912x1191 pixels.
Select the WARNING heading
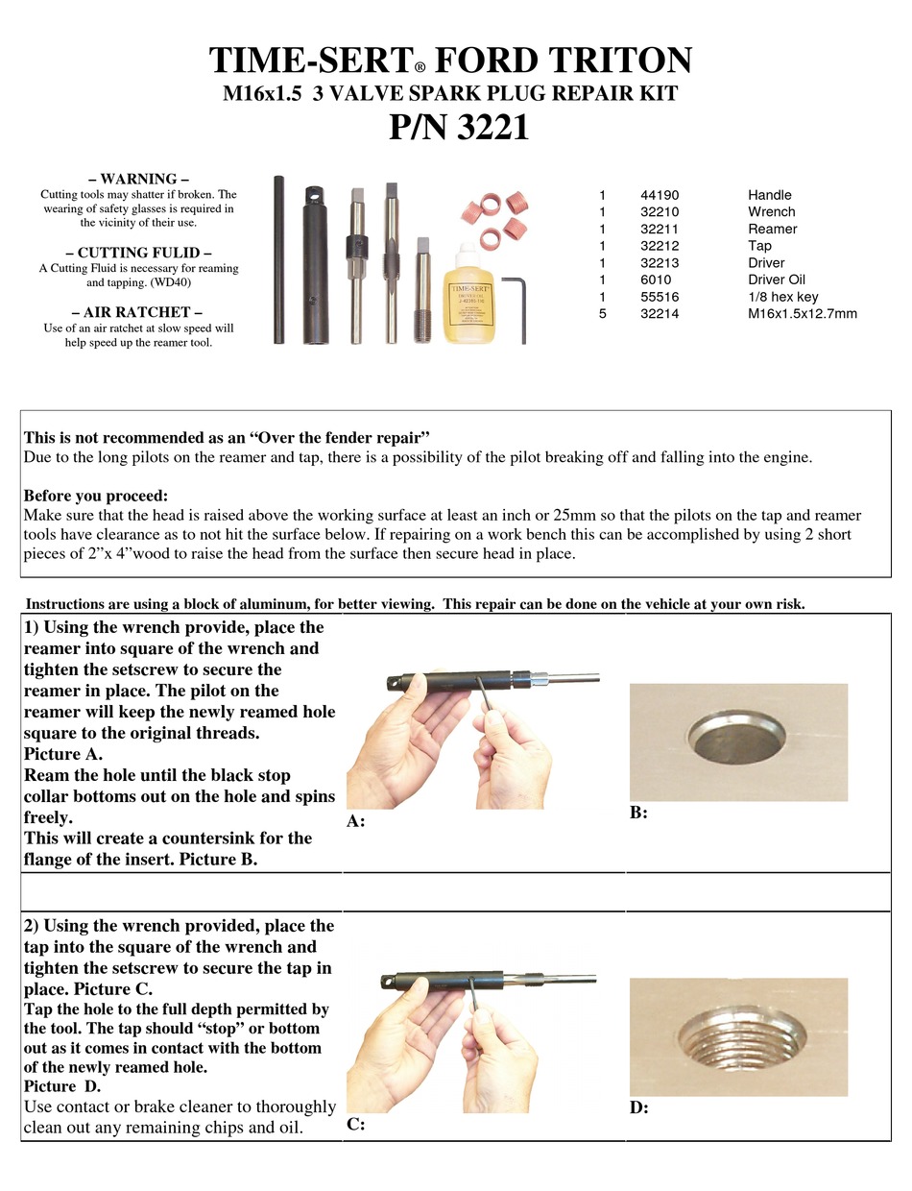click(138, 179)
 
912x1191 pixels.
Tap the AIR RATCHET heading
click(137, 311)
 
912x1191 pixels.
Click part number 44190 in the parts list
click(660, 195)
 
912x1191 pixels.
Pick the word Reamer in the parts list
click(772, 229)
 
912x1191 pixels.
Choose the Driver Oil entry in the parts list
click(777, 280)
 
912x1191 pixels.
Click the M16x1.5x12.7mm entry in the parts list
click(803, 314)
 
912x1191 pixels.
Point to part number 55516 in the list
click(660, 297)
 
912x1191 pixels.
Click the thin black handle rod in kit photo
click(278, 259)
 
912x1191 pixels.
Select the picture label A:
click(355, 822)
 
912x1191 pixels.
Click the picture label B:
click(638, 813)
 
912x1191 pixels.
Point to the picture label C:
click(355, 1124)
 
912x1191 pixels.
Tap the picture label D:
click(638, 1107)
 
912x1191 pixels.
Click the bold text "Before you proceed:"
click(95, 496)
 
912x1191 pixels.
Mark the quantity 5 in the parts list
click(602, 314)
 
